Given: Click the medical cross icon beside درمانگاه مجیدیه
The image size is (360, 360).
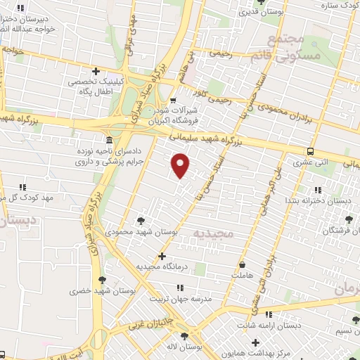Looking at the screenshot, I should (162, 256).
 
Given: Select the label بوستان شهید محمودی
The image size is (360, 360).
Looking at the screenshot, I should (143, 230).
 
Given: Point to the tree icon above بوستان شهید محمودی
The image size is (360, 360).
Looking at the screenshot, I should (143, 219).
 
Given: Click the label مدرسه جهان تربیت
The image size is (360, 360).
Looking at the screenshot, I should (181, 298).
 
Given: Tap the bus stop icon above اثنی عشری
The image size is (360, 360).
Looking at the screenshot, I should (310, 151).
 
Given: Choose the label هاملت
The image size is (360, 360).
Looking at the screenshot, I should (241, 276).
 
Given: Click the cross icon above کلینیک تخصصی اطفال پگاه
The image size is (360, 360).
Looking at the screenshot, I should (96, 70).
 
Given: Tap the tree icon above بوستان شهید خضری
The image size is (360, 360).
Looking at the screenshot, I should (103, 279).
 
